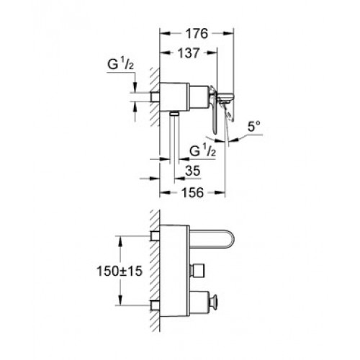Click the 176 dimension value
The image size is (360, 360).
click(197, 34)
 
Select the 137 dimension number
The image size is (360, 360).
click(189, 53)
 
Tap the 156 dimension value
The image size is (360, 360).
click(193, 192)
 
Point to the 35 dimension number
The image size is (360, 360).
click(193, 171)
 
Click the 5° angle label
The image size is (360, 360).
click(254, 127)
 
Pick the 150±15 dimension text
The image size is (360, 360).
click(120, 271)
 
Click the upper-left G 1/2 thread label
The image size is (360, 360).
click(120, 64)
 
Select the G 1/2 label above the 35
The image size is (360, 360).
click(202, 150)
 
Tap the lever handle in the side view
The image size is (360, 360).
click(213, 109)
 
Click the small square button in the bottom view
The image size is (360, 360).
click(197, 271)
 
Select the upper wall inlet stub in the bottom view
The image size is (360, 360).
click(155, 236)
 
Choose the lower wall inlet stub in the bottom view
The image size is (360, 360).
click(155, 306)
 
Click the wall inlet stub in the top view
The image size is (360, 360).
click(155, 96)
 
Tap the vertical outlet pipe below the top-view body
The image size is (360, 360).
click(174, 138)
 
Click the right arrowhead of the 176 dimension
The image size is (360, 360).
click(228, 34)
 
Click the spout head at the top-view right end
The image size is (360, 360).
click(225, 98)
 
